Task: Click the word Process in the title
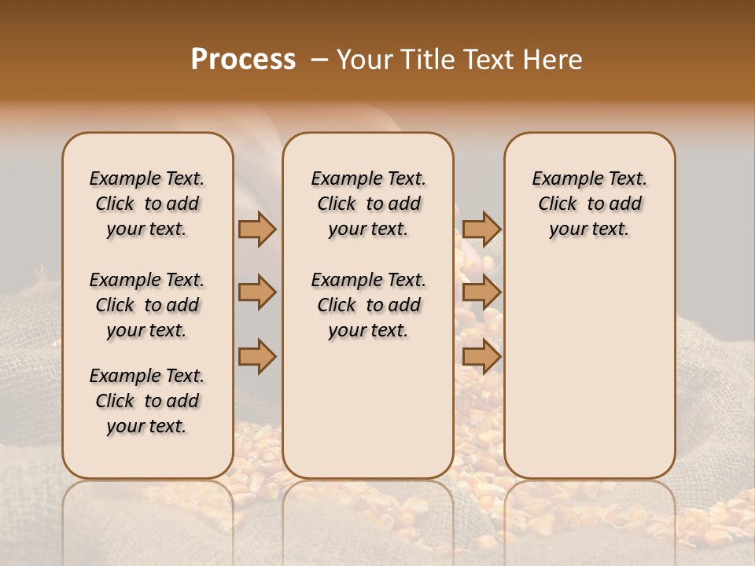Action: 243,60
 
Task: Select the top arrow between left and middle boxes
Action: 257,229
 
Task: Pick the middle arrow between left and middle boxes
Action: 257,292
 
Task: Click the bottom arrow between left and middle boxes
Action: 257,356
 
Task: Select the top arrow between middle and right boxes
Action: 481,229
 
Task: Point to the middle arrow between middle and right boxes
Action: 481,292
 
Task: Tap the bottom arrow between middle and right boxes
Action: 481,356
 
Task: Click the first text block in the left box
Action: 147,204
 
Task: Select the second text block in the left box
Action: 147,305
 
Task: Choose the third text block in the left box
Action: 147,401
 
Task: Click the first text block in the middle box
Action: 368,204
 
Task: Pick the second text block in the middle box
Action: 368,305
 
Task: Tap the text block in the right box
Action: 590,204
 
